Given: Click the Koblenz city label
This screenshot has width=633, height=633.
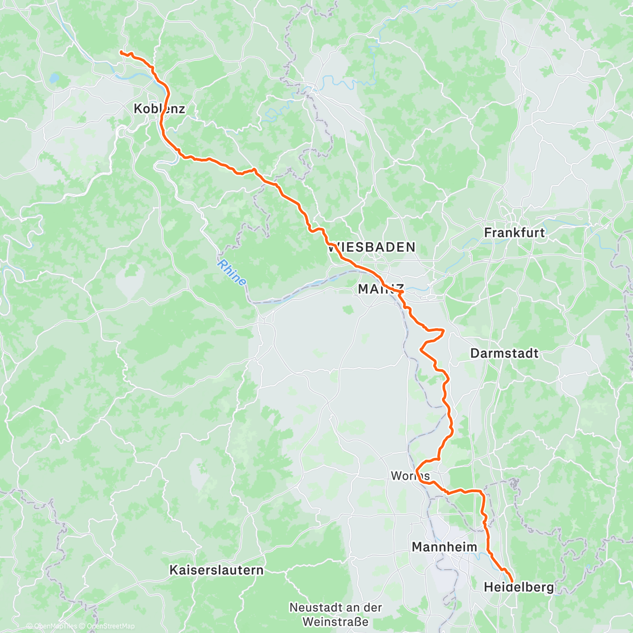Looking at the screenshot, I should (159, 109).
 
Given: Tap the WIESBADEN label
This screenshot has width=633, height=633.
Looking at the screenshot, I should (371, 247).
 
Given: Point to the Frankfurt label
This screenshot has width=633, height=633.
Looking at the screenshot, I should (514, 232).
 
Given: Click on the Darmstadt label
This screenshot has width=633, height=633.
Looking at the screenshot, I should (504, 353).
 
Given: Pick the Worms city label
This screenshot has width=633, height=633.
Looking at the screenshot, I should (410, 476).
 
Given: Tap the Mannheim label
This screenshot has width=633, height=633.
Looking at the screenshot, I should (444, 546).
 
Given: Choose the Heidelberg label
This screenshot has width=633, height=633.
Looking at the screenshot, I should (519, 587).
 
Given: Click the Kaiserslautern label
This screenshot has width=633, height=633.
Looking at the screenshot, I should (216, 570).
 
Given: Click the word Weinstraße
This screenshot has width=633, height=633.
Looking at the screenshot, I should (335, 621).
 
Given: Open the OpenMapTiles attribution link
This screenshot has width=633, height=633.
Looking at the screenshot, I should (55, 626).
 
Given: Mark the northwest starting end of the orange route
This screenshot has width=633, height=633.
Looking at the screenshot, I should (121, 52).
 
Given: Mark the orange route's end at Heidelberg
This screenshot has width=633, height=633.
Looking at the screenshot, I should (512, 581).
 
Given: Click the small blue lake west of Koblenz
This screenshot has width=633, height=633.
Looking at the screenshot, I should (54, 79).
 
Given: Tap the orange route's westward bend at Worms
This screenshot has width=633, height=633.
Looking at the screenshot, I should (417, 469).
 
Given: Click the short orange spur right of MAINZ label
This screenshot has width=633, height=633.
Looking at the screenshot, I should (402, 291).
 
